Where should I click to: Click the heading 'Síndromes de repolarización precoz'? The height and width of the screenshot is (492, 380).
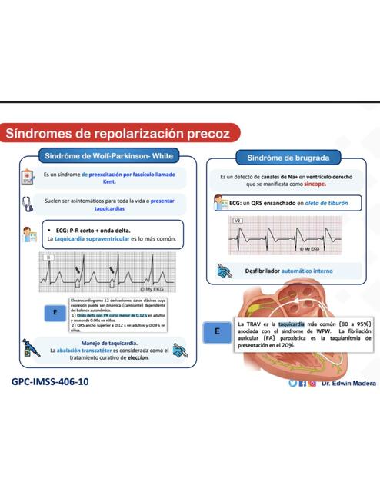118,134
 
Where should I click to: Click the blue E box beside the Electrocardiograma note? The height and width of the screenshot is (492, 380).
55,313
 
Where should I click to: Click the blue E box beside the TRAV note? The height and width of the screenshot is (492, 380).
218,331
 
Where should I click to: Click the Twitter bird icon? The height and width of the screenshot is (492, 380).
292,382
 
